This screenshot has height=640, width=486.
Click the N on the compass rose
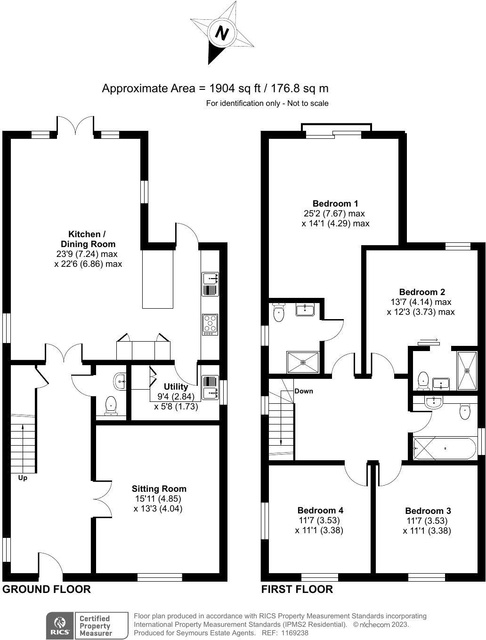tap(222, 33)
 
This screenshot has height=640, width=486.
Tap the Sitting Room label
tap(159, 488)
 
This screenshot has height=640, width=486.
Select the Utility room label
tap(176, 386)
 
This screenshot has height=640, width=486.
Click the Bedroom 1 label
tap(335, 203)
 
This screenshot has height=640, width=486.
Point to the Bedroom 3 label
tap(428, 511)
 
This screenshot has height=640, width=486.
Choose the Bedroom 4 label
tap(320, 510)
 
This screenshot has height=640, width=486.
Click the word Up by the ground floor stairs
tap(23, 478)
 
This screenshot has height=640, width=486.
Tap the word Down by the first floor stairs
tap(304, 391)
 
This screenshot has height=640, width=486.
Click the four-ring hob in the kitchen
tap(210, 324)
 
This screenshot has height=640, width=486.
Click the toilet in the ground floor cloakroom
tap(111, 405)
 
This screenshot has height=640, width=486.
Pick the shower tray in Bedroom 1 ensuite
tap(303, 362)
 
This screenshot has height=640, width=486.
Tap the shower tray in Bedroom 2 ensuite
tap(467, 370)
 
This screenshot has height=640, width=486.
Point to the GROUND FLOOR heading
tap(47, 589)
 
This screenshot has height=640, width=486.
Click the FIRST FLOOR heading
tap(297, 589)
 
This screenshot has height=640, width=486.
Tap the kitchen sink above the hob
tap(210, 284)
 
